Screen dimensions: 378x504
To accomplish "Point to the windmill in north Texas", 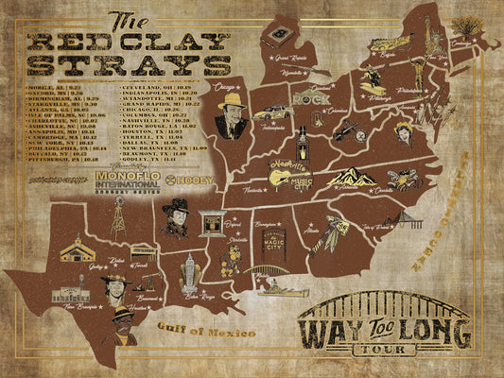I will click(x=118, y=219).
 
